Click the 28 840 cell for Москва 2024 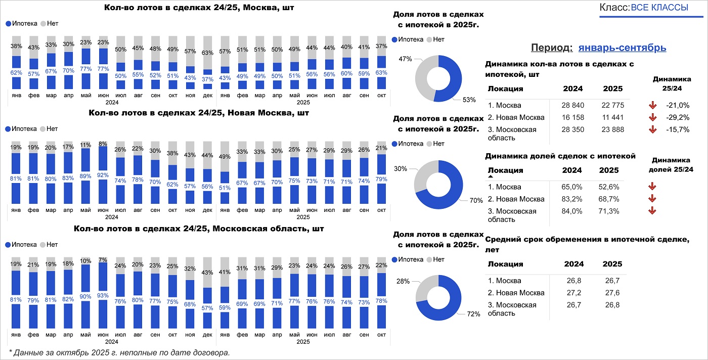[x=572, y=105]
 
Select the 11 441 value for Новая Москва [x=613, y=117]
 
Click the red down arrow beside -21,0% [x=653, y=105]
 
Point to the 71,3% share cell [x=608, y=211]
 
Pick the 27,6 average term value [x=612, y=293]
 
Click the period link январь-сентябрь [x=622, y=48]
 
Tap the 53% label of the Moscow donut [x=469, y=100]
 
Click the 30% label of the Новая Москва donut [x=401, y=168]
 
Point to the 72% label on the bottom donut [x=473, y=314]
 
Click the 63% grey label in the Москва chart [x=207, y=53]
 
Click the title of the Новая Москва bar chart [x=198, y=112]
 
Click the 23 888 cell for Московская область [x=613, y=129]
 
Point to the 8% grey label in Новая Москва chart [x=103, y=143]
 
